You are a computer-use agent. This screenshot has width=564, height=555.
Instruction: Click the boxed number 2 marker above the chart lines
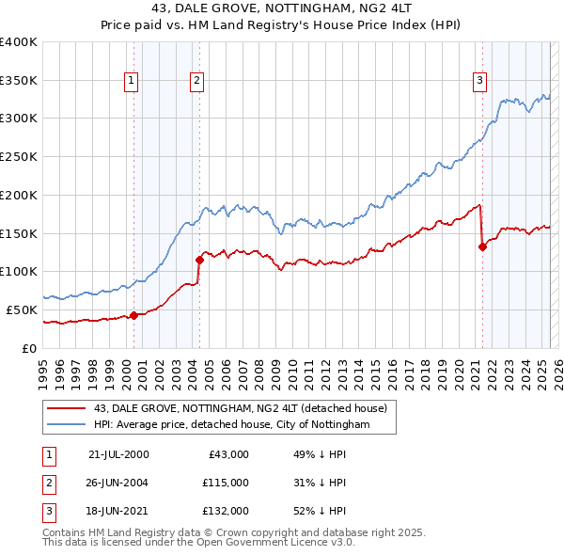click(x=197, y=81)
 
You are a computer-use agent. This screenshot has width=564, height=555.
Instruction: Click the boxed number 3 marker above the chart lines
click(x=479, y=81)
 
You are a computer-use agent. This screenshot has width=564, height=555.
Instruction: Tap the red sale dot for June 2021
click(x=482, y=247)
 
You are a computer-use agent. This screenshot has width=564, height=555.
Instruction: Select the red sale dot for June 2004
click(x=199, y=260)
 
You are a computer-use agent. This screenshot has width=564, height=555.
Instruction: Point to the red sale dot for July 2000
click(x=133, y=315)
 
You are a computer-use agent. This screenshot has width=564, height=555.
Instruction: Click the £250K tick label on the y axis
click(x=20, y=156)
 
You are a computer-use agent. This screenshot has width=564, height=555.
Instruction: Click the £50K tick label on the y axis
click(x=23, y=309)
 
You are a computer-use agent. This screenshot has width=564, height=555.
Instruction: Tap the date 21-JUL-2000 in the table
click(x=118, y=454)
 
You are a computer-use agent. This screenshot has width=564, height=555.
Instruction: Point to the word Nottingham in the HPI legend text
click(x=340, y=425)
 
